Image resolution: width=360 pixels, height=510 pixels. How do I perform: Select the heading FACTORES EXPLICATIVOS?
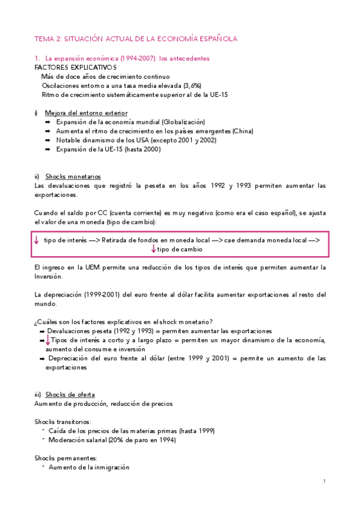click(x=71, y=68)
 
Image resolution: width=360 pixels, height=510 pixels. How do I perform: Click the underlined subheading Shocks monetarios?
click(x=73, y=176)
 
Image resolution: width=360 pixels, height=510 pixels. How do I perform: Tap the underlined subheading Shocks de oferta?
click(x=70, y=395)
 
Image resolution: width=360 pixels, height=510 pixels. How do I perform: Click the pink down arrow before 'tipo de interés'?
click(x=37, y=240)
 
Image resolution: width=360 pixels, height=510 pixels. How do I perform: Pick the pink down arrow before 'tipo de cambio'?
click(x=154, y=249)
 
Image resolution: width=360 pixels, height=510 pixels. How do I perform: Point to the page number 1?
click(x=324, y=481)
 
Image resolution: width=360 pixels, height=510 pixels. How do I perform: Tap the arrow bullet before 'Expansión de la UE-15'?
click(x=47, y=149)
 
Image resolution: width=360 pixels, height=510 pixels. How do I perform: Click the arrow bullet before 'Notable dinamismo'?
click(x=47, y=140)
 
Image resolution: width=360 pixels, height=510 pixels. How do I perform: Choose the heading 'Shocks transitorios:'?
click(x=63, y=422)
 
